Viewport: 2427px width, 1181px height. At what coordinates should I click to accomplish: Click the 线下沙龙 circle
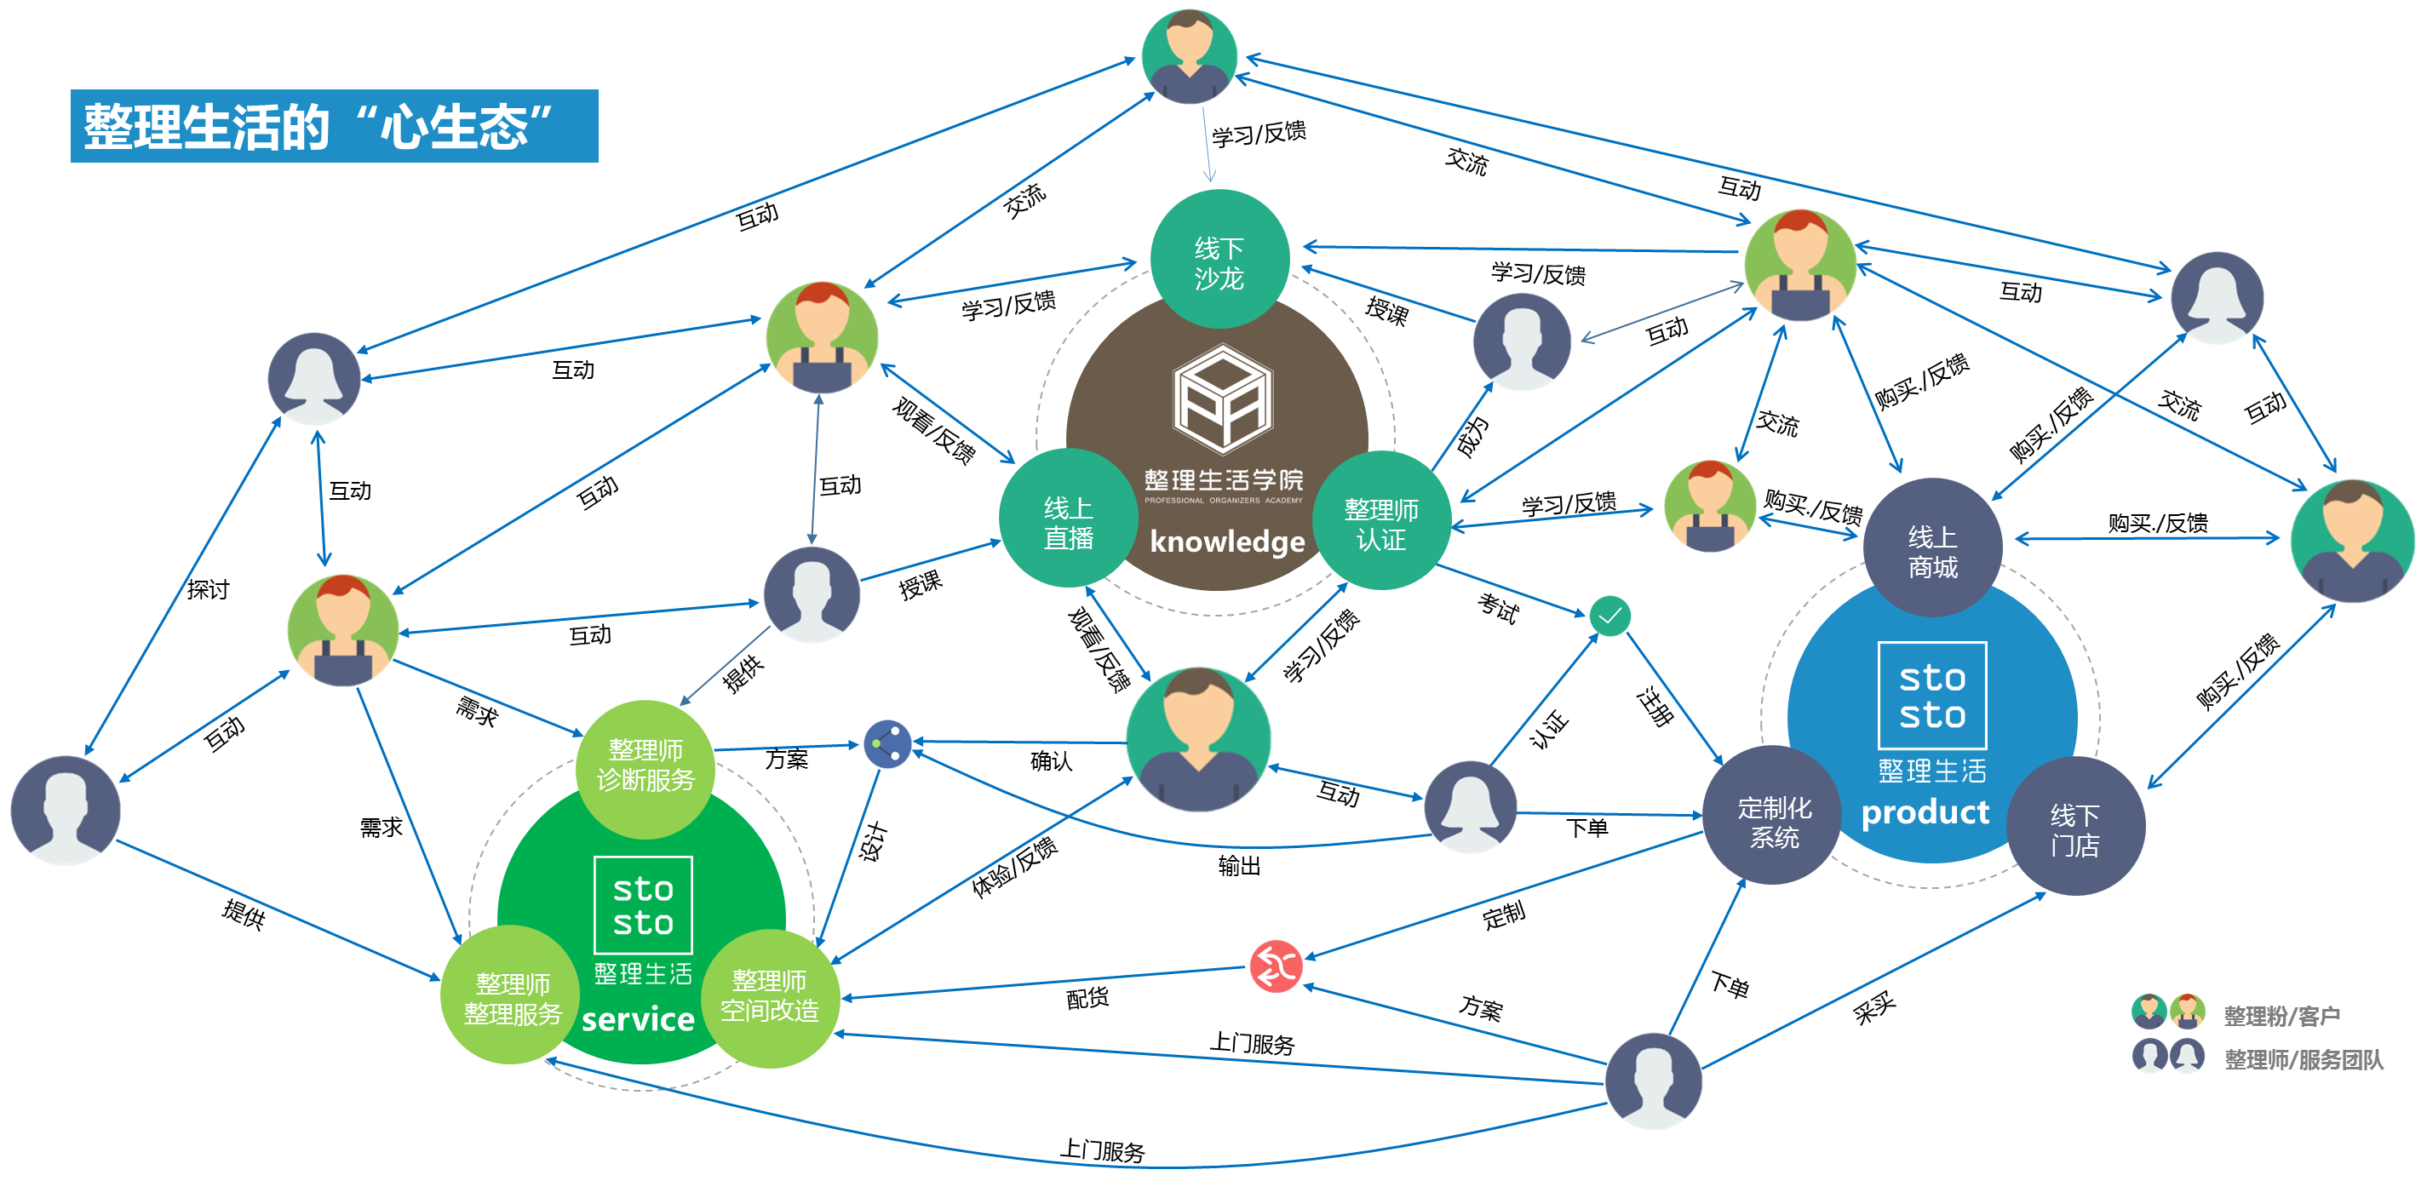pyautogui.click(x=1219, y=260)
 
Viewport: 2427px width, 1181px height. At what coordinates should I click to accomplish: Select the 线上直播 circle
pyautogui.click(x=1068, y=520)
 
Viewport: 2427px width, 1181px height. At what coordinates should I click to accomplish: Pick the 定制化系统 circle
pyautogui.click(x=1773, y=817)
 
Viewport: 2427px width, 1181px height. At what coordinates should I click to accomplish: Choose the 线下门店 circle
pyautogui.click(x=2075, y=827)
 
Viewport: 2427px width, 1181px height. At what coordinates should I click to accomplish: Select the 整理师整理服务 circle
pyautogui.click(x=512, y=996)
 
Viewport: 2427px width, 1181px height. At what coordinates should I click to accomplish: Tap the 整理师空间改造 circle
pyautogui.click(x=770, y=996)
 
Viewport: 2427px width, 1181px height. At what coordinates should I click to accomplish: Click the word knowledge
pyautogui.click(x=1226, y=542)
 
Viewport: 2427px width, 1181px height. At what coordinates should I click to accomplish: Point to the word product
pyautogui.click(x=1925, y=811)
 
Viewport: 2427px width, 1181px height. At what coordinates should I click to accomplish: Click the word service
pyautogui.click(x=638, y=1019)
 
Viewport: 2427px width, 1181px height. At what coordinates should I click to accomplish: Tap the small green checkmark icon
pyautogui.click(x=1610, y=616)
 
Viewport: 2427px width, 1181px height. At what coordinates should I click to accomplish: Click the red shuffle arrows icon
pyautogui.click(x=1276, y=966)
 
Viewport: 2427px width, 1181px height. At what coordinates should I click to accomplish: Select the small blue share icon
pyautogui.click(x=887, y=744)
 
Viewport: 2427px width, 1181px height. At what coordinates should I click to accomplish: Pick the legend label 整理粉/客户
pyautogui.click(x=2282, y=1016)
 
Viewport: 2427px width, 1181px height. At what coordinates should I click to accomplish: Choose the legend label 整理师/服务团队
pyautogui.click(x=2304, y=1059)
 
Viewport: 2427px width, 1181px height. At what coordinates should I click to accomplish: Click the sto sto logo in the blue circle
pyautogui.click(x=1931, y=696)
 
